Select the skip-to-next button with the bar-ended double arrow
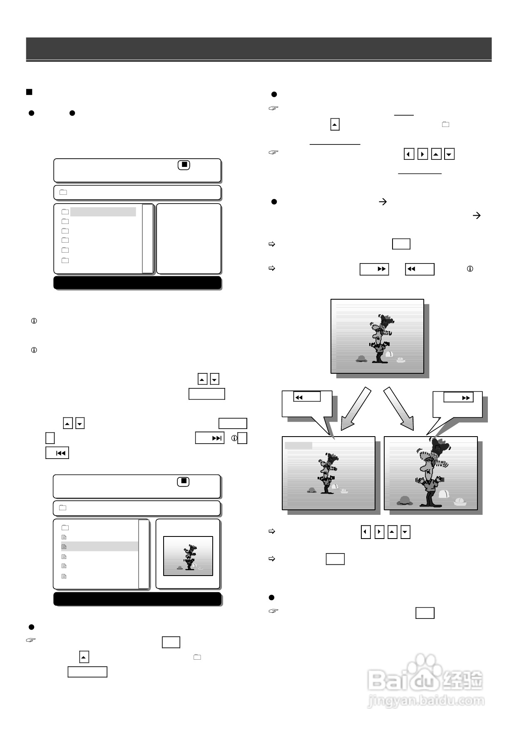point(210,438)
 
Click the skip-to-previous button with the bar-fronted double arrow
point(57,453)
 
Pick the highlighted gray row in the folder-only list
point(103,212)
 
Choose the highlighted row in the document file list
point(99,546)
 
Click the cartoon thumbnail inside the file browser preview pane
point(188,556)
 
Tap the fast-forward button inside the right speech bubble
point(458,397)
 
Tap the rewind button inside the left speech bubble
point(307,397)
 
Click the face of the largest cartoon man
point(428,468)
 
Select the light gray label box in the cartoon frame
point(298,446)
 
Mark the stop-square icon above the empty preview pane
point(184,165)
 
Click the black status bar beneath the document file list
point(137,599)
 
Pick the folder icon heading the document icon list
point(65,528)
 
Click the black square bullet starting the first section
point(29,92)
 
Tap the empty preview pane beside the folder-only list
point(189,238)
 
